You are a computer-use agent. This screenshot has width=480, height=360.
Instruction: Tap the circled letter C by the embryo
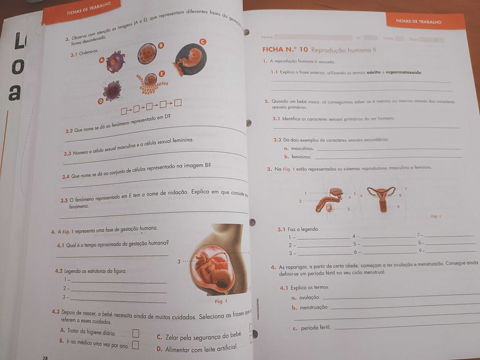[x=202, y=41]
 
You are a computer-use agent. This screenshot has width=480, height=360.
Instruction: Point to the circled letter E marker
[x=162, y=74]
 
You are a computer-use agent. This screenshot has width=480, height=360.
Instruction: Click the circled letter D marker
[x=101, y=102]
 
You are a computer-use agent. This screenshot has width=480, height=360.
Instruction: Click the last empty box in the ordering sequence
[x=178, y=103]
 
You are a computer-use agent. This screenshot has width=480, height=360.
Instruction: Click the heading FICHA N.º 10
[x=285, y=50]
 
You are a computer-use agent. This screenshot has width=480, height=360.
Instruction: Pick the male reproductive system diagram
[x=333, y=199]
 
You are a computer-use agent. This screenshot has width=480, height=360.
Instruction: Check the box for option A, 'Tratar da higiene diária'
[x=136, y=333]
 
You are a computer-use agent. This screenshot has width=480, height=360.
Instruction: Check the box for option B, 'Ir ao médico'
[x=135, y=345]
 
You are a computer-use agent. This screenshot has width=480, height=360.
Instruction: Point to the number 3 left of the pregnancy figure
[x=179, y=262]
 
